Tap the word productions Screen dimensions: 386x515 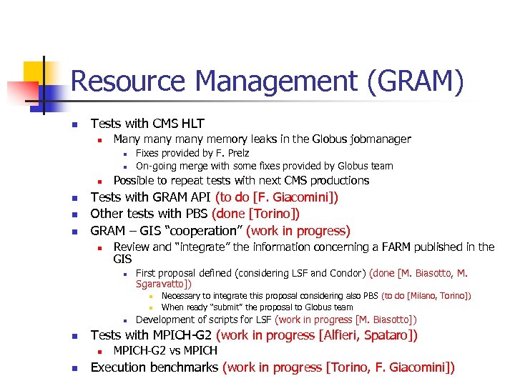click(x=339, y=180)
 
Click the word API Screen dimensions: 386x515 click(x=200, y=197)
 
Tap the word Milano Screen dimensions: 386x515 click(x=423, y=295)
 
